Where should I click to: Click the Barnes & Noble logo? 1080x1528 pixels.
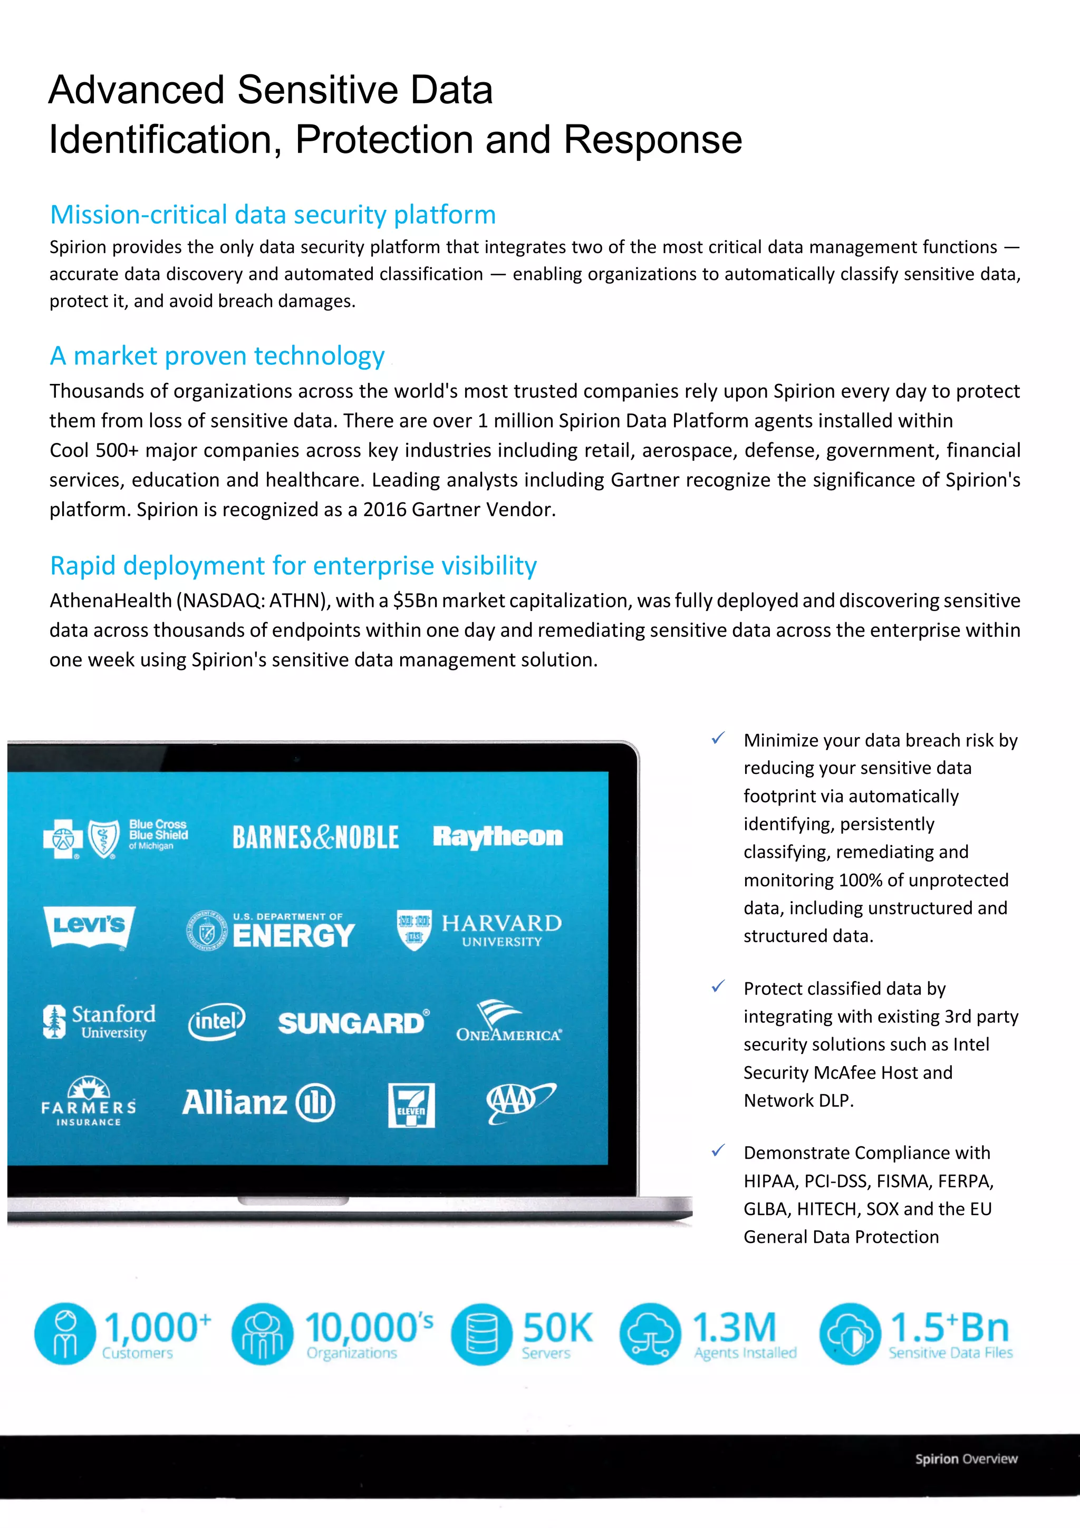(x=315, y=837)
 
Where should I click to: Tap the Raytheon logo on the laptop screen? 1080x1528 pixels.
(x=498, y=837)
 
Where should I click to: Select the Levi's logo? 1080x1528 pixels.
(x=89, y=926)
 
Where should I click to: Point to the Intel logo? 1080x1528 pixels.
(x=216, y=1021)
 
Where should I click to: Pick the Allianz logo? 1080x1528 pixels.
(x=258, y=1103)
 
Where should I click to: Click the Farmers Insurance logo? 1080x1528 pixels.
(x=89, y=1102)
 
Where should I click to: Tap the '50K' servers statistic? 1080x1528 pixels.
(x=557, y=1328)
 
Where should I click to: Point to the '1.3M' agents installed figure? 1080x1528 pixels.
(x=734, y=1328)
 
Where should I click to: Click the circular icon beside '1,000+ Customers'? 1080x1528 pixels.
(x=64, y=1333)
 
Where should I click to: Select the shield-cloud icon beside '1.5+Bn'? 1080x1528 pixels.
(x=850, y=1333)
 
